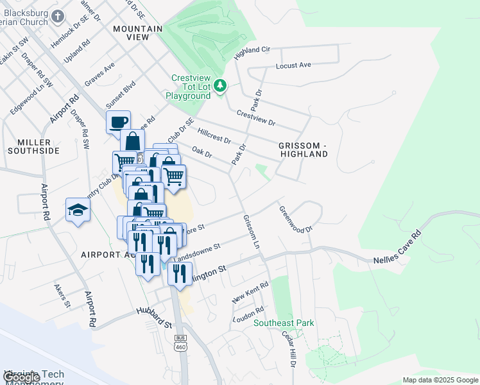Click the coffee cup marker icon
tap(118, 122)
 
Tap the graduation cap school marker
tap(78, 210)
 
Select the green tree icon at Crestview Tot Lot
tap(220, 85)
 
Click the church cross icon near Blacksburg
tap(58, 16)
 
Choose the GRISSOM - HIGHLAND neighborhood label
tap(304, 150)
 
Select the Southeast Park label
tap(284, 323)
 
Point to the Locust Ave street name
tap(293, 65)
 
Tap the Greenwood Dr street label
tap(295, 219)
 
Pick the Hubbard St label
tap(155, 314)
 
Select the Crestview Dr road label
tap(255, 118)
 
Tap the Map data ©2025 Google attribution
tap(440, 380)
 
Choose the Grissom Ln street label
tap(252, 232)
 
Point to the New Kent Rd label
tap(250, 293)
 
